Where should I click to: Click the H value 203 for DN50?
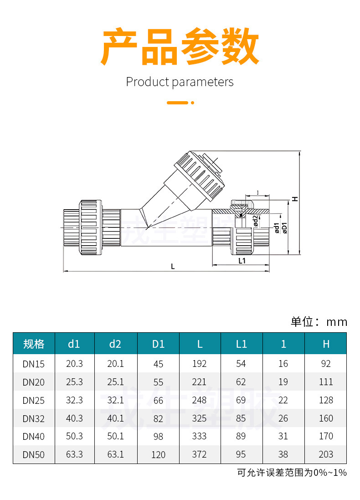[x=326, y=454]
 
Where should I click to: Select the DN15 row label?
[x=34, y=364]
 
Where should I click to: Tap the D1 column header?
[x=158, y=344]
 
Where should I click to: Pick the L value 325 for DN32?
[x=200, y=418]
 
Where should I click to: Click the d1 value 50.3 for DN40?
[x=74, y=436]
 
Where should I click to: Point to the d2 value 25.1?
[x=115, y=382]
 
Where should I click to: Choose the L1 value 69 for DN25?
[x=242, y=400]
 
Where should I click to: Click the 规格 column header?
[x=34, y=344]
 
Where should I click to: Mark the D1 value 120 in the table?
[x=158, y=454]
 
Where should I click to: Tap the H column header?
[x=326, y=344]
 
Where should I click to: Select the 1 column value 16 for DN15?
[x=283, y=364]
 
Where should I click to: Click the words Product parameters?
[x=180, y=82]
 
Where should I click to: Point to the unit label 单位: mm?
[x=319, y=322]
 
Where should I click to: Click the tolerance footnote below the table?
[x=292, y=473]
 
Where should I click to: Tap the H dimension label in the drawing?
[x=295, y=199]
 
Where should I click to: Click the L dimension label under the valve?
[x=173, y=266]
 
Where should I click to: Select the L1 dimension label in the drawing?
[x=242, y=261]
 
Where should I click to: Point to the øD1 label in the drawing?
[x=284, y=227]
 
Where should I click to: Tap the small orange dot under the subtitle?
[x=193, y=103]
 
